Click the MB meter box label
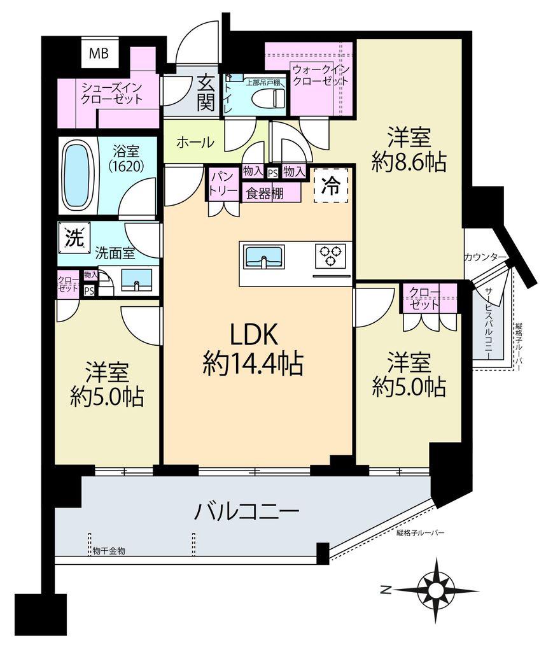click(x=99, y=53)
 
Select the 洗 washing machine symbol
click(x=74, y=238)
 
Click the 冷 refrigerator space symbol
click(x=331, y=187)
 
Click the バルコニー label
click(x=248, y=512)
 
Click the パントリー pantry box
click(x=223, y=185)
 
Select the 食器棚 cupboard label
click(x=265, y=194)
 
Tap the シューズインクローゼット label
click(x=112, y=93)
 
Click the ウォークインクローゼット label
click(x=320, y=75)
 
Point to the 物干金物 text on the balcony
click(x=108, y=551)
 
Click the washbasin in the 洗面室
click(x=136, y=280)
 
